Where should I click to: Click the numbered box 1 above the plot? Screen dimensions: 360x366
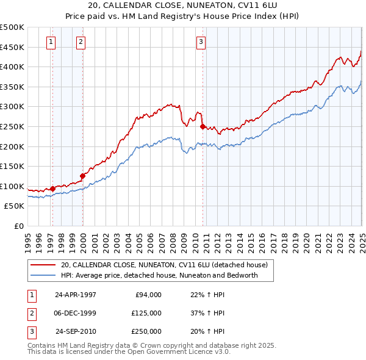tap(50, 42)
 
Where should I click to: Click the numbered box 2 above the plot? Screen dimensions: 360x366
tap(81, 42)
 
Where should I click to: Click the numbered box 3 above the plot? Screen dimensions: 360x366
tap(201, 42)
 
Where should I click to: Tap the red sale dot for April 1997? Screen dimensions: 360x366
tap(52, 189)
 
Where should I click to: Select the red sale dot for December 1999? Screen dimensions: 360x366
tap(82, 176)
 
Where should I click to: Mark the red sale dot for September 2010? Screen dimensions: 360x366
tap(203, 127)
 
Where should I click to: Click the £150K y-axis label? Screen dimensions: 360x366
tap(13, 166)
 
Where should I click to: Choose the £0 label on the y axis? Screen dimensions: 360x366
tap(18, 226)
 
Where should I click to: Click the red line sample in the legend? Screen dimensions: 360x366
tap(43, 265)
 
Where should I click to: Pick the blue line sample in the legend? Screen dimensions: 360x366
tap(43, 275)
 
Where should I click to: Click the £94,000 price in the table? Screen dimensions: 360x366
tap(146, 295)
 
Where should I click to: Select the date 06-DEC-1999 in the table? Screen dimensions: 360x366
tap(75, 313)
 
